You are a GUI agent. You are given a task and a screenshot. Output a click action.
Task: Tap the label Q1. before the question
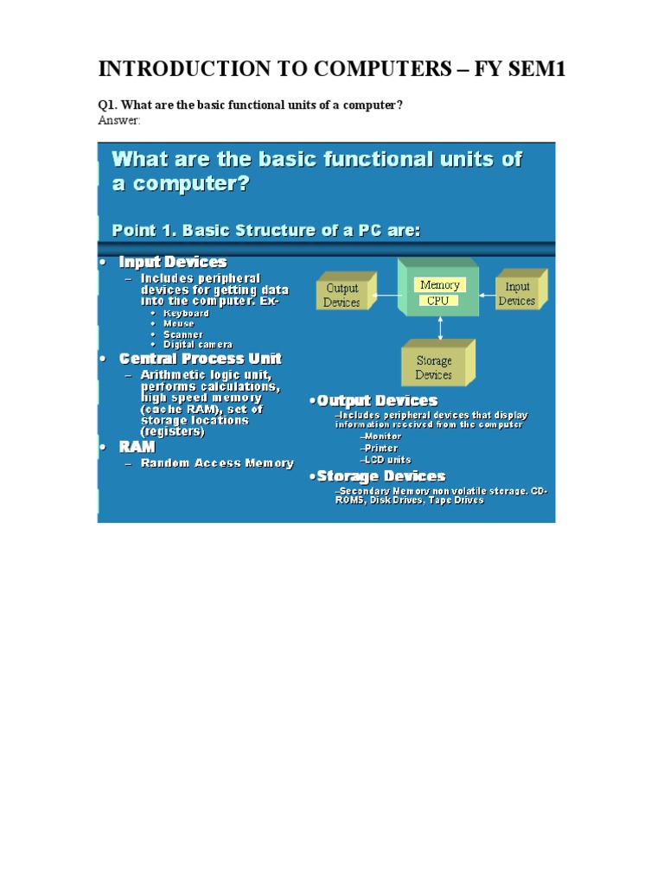coord(107,105)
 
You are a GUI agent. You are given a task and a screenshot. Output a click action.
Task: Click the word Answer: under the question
coord(118,120)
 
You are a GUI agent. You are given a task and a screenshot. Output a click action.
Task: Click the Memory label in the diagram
coord(439,284)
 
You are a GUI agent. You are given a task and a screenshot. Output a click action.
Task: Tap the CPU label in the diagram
coord(437,301)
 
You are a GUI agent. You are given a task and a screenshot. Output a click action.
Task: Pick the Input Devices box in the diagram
coord(517,294)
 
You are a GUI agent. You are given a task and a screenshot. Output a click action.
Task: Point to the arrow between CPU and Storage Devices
coord(441,327)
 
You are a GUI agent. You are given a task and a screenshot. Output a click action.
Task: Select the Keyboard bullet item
coord(186,313)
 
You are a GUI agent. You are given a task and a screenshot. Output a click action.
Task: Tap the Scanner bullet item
coord(183,334)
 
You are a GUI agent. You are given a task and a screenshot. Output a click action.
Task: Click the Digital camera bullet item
coord(197,345)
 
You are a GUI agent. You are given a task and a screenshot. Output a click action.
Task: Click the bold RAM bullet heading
coord(137,447)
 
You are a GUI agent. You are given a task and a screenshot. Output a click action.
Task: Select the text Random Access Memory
coord(217,463)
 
